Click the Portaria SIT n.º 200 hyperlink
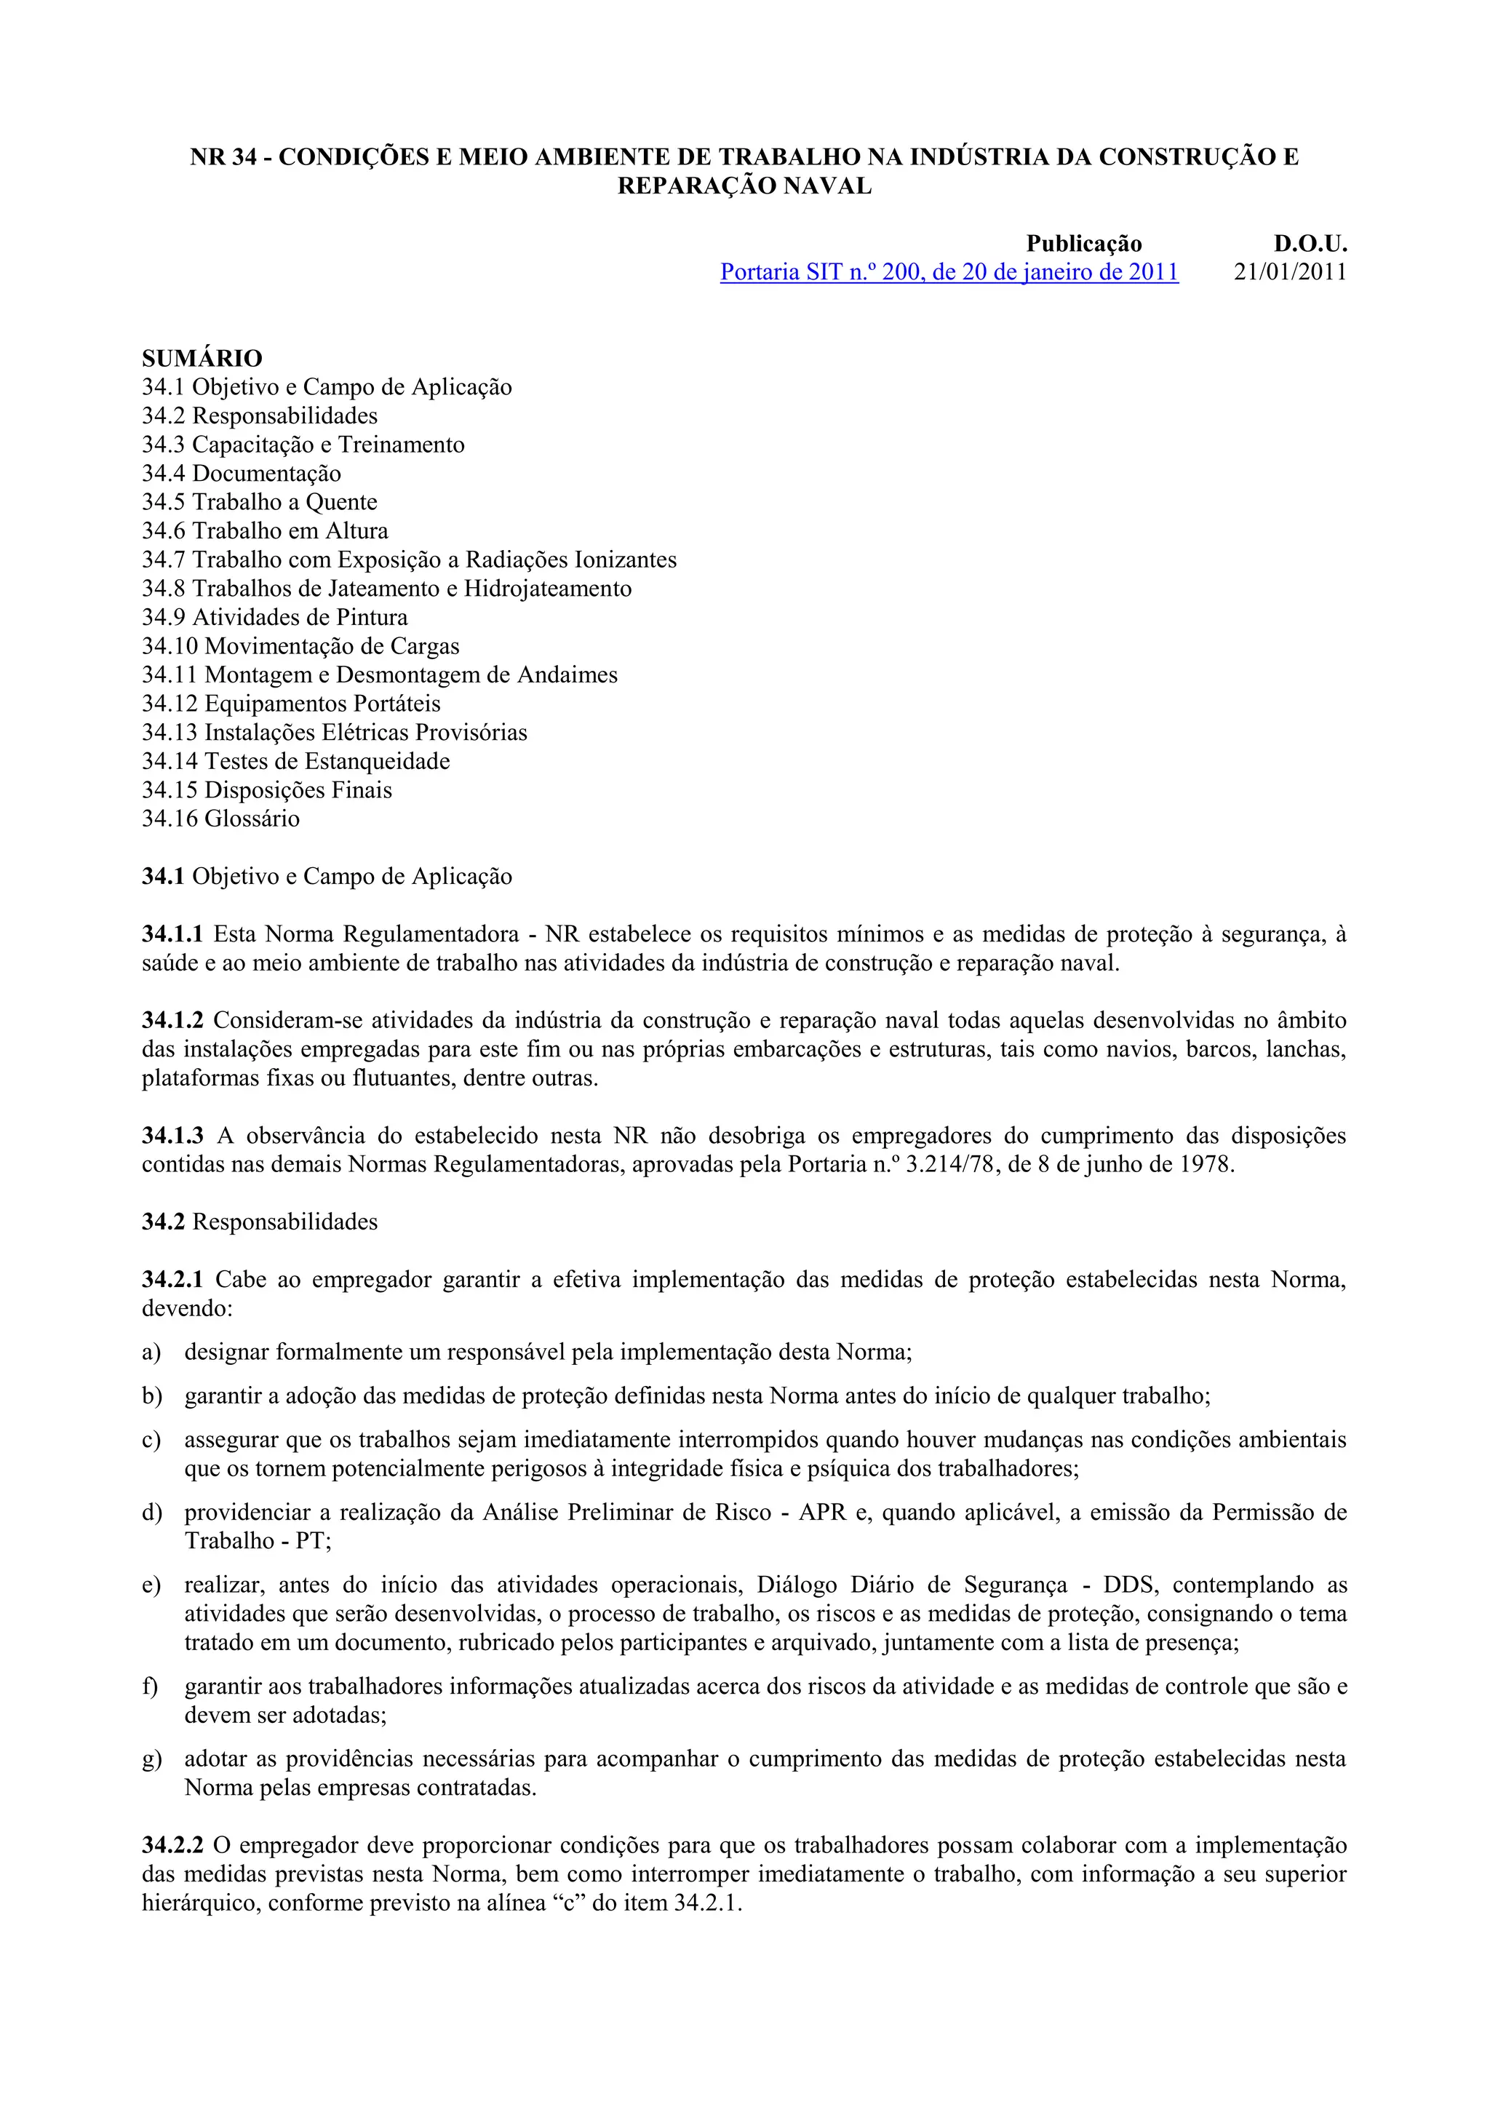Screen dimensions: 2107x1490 click(949, 273)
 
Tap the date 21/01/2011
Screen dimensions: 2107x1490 click(1290, 273)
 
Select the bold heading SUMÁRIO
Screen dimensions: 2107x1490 click(202, 358)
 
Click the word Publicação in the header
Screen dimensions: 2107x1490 click(1083, 244)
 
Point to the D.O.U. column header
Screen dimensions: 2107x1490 click(1310, 244)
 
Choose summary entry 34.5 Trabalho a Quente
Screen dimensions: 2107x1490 click(260, 502)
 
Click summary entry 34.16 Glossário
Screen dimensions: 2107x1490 click(221, 818)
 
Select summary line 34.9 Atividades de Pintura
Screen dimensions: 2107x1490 click(274, 618)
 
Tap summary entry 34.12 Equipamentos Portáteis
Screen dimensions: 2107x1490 click(291, 704)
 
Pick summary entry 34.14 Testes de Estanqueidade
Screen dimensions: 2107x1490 click(295, 762)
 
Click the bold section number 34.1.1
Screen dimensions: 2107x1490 click(172, 935)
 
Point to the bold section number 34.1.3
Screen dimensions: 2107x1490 click(172, 1136)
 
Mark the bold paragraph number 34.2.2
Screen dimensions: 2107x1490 click(172, 1846)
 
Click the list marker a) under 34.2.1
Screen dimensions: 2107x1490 click(151, 1353)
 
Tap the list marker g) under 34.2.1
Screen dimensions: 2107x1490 click(151, 1759)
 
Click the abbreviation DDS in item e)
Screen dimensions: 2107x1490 click(1128, 1585)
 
